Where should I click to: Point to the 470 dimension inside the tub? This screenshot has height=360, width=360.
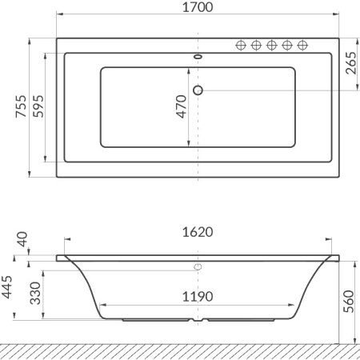181,106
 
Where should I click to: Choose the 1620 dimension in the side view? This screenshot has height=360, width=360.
196,232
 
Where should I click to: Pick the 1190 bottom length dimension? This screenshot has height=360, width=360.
196,297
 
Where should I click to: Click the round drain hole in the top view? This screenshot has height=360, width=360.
198,90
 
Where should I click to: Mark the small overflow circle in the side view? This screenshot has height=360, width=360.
197,266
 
